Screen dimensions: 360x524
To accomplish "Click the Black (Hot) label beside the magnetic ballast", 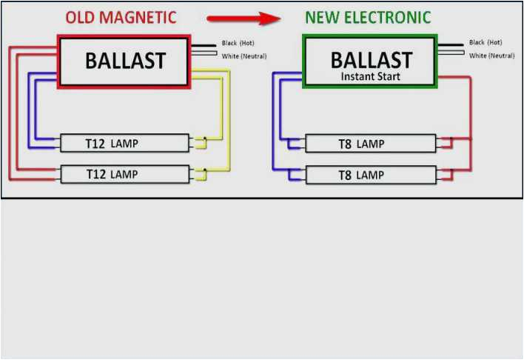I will (x=238, y=43).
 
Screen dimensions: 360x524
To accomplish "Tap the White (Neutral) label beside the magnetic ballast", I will (x=243, y=56).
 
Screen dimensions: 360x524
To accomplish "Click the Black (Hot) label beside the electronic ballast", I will (x=486, y=43).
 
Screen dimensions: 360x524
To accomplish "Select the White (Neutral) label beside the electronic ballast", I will (x=491, y=56).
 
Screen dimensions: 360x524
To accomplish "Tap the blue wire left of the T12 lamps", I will (x=28, y=111).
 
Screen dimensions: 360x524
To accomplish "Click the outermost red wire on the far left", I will (x=8, y=111).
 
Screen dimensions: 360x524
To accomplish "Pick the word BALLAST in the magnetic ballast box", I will (x=124, y=61).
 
